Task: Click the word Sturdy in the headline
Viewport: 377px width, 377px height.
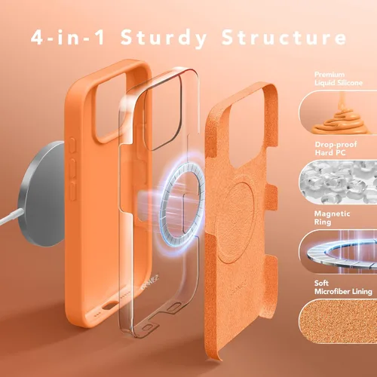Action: (164, 38)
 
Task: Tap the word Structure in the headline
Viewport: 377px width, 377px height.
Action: (284, 37)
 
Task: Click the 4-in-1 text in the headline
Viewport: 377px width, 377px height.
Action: (68, 37)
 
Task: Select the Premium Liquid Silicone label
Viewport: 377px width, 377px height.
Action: (339, 78)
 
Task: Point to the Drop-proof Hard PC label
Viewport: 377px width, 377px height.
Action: (336, 149)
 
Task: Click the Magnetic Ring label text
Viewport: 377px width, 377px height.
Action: (332, 218)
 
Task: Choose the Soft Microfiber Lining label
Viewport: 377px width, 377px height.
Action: (343, 287)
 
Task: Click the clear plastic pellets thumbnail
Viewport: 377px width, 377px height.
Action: (338, 182)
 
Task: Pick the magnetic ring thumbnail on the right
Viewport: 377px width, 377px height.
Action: (338, 251)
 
